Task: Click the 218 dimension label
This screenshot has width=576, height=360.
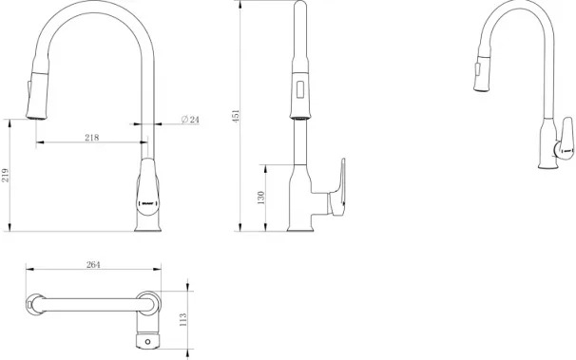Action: [92, 137]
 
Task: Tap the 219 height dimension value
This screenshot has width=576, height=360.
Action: [5, 175]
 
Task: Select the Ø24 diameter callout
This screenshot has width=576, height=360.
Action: [190, 120]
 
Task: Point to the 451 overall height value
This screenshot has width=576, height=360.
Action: [236, 116]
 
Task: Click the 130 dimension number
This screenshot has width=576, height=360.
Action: [260, 198]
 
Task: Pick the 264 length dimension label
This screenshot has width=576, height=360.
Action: [93, 265]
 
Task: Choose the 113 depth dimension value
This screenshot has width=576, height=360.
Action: [183, 320]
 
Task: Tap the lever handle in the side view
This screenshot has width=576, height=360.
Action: [337, 189]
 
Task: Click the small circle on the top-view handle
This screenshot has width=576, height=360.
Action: [147, 342]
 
